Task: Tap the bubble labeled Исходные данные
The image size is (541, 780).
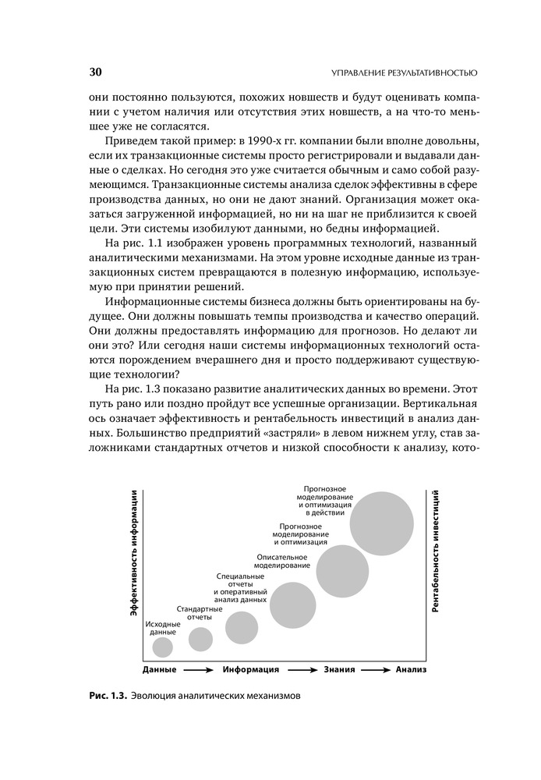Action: click(162, 647)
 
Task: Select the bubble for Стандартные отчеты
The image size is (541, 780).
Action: click(200, 639)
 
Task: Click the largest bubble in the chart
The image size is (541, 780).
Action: click(382, 523)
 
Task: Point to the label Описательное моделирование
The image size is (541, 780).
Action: click(283, 560)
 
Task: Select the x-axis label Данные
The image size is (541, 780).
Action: click(160, 669)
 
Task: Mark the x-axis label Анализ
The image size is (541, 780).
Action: click(411, 669)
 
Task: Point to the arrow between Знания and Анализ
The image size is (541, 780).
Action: click(376, 669)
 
